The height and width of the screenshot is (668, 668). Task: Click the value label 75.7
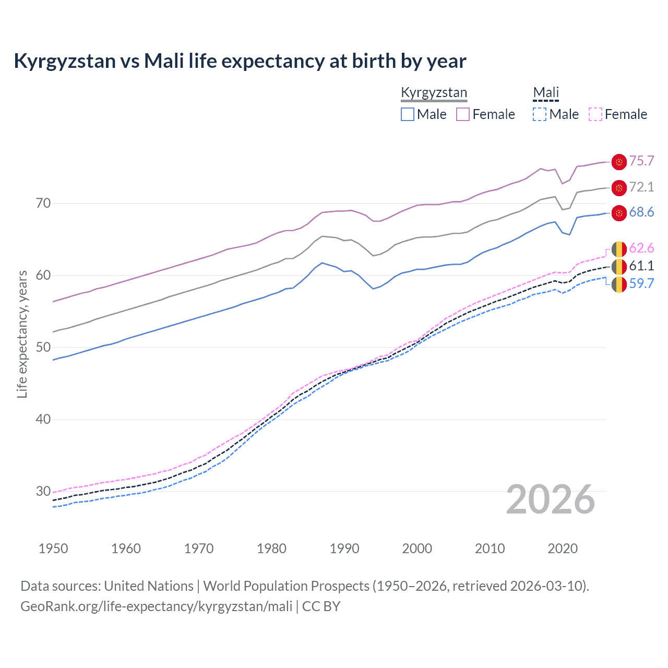coord(641,161)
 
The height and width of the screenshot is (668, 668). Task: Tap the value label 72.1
coord(641,187)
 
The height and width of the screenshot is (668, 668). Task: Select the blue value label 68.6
coord(641,212)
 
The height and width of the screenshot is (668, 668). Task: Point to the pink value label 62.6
coord(641,248)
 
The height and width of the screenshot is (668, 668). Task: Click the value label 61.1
coord(641,266)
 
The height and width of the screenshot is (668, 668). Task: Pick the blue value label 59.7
coord(641,283)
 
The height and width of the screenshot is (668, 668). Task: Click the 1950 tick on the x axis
coord(53,548)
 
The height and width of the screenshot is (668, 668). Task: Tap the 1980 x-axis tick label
coord(271,548)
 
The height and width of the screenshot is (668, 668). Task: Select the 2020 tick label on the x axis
coord(563,548)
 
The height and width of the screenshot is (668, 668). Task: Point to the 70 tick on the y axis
coord(43,203)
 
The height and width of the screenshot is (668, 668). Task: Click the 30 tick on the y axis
coord(43,491)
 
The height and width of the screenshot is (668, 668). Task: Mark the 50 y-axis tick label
coord(43,347)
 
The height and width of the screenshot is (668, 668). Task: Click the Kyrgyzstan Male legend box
coord(408,114)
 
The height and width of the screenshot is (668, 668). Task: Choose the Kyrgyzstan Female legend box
coord(463,114)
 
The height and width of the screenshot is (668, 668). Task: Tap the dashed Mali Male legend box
coord(540,114)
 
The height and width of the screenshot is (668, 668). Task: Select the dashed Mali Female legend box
coord(595,114)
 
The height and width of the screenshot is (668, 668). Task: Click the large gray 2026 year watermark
coord(551,499)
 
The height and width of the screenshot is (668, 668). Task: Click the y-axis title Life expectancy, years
coord(22,334)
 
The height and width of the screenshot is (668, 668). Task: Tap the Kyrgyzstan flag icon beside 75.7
coord(619,162)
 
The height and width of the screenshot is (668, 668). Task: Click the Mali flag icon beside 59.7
coord(619,284)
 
